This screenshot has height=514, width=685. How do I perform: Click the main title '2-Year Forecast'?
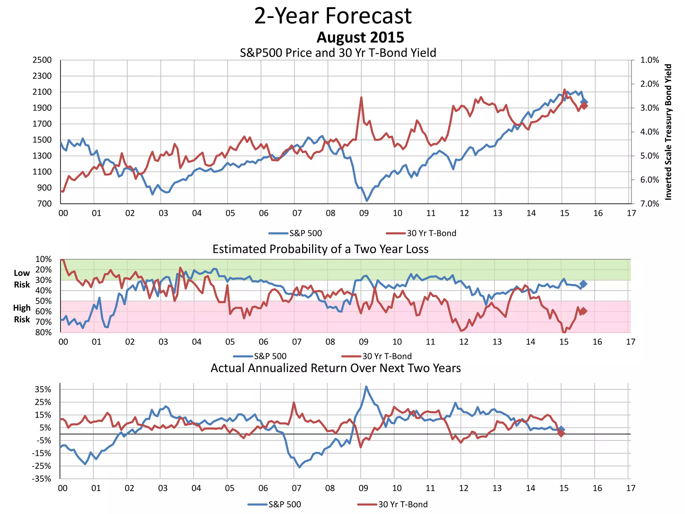click(333, 16)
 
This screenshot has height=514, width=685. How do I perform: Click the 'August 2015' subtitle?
click(360, 37)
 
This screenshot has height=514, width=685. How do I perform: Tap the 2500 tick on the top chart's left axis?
click(42, 60)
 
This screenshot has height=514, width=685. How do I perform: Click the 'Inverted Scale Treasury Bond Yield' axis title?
click(668, 132)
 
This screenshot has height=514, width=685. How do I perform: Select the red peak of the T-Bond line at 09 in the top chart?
click(361, 97)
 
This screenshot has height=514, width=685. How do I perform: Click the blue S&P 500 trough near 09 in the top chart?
click(367, 200)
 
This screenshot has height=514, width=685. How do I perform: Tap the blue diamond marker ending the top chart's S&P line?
click(584, 102)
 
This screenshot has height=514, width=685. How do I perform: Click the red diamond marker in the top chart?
click(584, 106)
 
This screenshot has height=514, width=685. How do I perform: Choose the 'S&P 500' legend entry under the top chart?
click(305, 233)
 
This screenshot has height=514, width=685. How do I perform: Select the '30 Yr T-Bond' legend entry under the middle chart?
click(387, 356)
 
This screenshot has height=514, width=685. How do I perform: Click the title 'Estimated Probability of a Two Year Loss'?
click(320, 249)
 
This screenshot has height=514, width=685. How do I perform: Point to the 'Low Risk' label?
click(22, 279)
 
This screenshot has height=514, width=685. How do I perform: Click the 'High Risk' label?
click(22, 314)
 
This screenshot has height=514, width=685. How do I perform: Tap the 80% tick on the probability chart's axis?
click(43, 332)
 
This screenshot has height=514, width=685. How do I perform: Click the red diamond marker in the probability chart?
click(583, 311)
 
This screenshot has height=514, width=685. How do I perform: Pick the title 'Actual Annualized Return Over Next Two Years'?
click(335, 368)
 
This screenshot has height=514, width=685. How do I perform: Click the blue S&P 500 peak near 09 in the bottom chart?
click(366, 387)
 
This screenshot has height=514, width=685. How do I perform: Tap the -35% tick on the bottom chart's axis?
click(41, 479)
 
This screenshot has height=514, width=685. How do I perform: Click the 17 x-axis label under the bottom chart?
click(630, 488)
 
